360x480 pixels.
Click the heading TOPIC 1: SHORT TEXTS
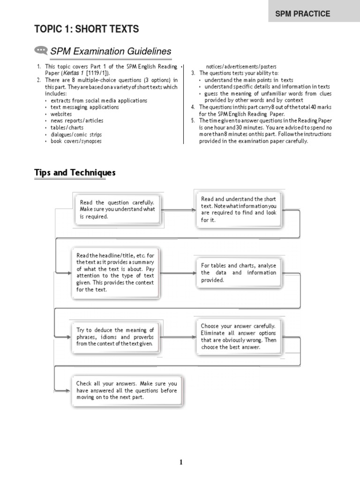[x=87, y=29]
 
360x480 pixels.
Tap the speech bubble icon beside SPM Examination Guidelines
[x=41, y=51]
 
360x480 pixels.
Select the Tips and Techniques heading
[x=75, y=172]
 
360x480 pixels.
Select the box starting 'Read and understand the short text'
[x=239, y=209]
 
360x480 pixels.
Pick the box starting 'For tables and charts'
[x=239, y=272]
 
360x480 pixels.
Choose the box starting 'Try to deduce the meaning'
[x=115, y=337]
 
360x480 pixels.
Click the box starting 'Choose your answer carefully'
[x=239, y=336]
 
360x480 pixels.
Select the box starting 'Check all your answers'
[x=127, y=390]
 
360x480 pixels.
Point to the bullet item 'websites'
[x=61, y=114]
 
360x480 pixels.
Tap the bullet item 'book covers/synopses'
[x=76, y=141]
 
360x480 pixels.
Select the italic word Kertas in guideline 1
[x=71, y=74]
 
